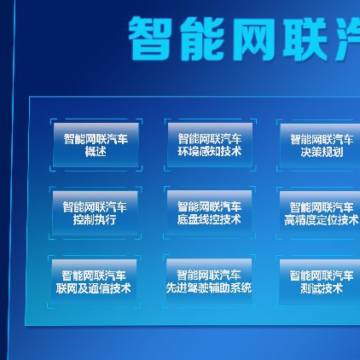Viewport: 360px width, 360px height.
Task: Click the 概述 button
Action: point(95,145)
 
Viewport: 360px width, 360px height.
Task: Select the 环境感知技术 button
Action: point(209,144)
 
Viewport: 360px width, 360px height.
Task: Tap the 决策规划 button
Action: point(321,145)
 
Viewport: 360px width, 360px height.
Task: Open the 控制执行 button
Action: point(95,212)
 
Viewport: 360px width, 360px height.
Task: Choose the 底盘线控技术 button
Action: point(209,212)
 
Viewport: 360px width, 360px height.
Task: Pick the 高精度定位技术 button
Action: point(321,213)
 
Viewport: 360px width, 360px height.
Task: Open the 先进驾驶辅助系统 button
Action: point(209,282)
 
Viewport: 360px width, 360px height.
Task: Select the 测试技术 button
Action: point(321,282)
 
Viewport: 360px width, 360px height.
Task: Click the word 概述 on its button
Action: point(95,152)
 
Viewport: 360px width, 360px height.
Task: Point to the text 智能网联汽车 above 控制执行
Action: point(95,206)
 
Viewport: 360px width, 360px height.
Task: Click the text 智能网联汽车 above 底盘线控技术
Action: point(209,206)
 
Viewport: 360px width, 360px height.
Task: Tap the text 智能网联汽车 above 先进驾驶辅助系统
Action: point(209,276)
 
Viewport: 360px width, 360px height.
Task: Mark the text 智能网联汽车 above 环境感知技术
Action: point(209,138)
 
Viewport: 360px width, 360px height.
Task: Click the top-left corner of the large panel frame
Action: point(30,97)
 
